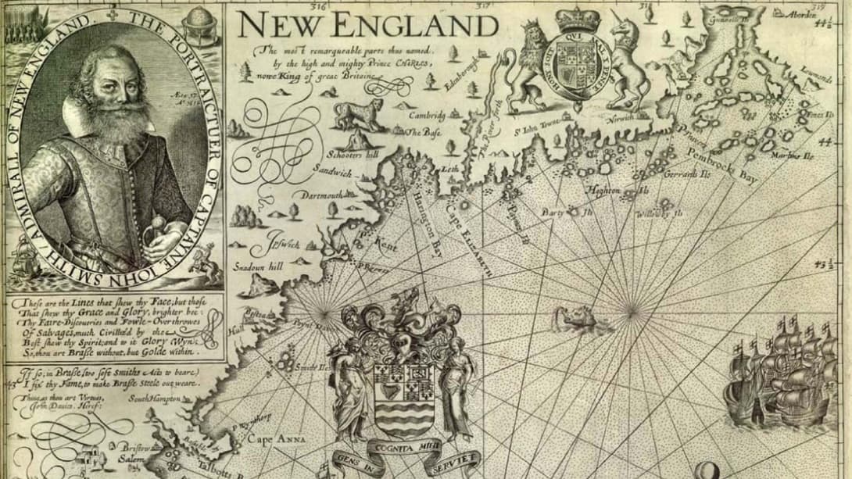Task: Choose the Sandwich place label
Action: coord(337,170)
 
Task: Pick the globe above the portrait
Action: coord(201,18)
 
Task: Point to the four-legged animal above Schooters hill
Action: coord(359,114)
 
